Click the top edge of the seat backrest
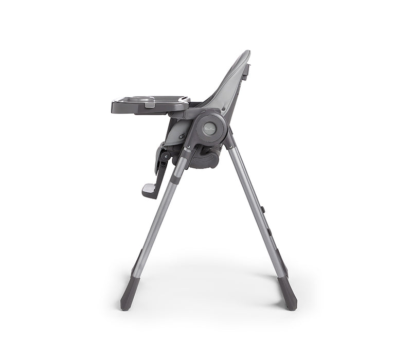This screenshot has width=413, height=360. click(245, 52)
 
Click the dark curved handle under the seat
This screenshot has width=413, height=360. click(206, 159)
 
